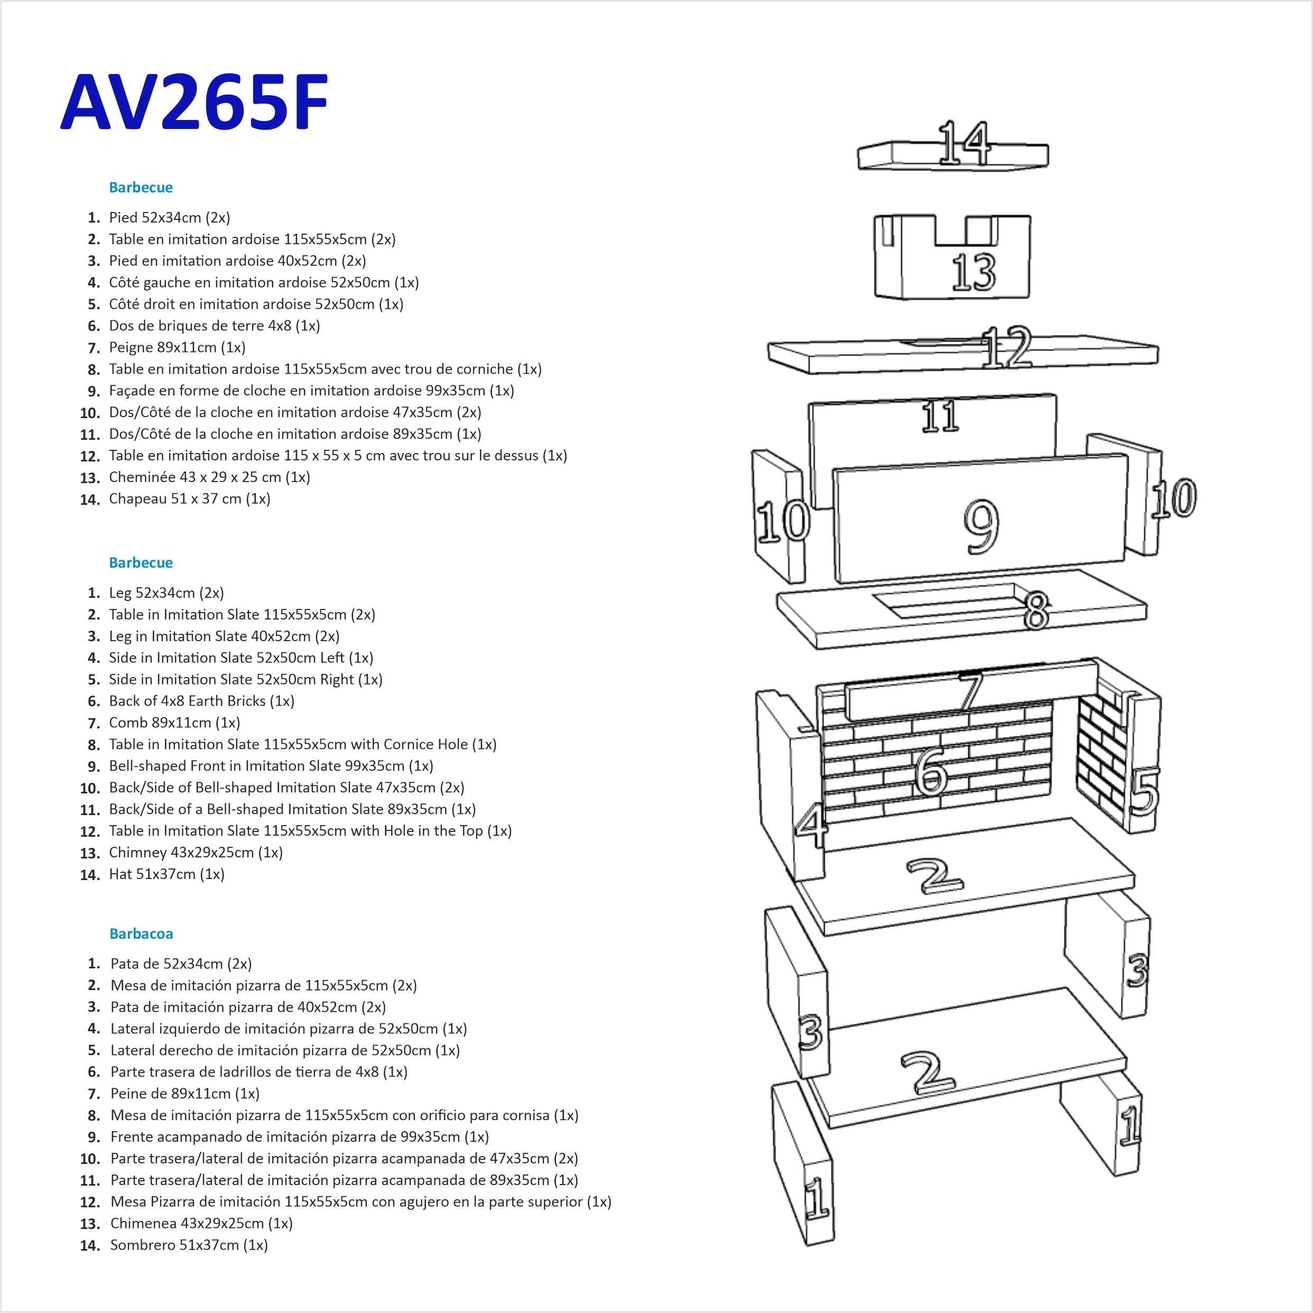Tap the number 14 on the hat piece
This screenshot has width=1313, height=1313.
point(964,143)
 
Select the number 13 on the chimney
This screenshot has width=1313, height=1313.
point(973,272)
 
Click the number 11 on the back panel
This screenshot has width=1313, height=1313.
point(940,416)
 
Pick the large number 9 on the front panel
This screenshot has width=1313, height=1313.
point(982,525)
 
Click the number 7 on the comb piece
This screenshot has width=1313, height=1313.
point(972,691)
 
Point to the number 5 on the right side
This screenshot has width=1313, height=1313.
point(1144,792)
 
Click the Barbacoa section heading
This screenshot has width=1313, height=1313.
point(141,934)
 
